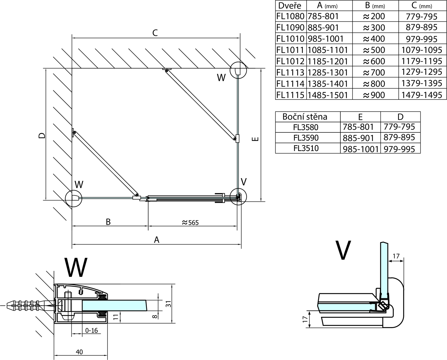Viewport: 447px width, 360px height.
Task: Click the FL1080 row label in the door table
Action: tap(290, 16)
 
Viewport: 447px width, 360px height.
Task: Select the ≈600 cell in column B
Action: tap(374, 61)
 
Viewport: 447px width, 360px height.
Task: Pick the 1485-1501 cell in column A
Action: tap(328, 95)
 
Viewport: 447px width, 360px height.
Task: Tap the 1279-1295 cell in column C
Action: tap(422, 72)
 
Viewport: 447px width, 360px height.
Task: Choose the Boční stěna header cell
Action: tap(305, 117)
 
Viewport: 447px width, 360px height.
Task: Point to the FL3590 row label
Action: tap(306, 138)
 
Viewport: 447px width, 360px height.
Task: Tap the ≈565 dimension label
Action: tap(190, 222)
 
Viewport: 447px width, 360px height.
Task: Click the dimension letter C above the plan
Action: tap(155, 33)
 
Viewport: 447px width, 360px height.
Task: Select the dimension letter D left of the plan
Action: tap(42, 136)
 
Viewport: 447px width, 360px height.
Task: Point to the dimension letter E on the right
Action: tap(255, 139)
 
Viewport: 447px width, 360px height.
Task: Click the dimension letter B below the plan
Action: tap(108, 222)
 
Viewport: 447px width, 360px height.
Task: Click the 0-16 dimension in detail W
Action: tap(91, 331)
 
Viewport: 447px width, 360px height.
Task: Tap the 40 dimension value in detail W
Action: tap(79, 352)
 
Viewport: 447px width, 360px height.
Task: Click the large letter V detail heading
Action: tap(343, 250)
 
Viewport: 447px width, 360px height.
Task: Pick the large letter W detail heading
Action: tap(76, 267)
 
